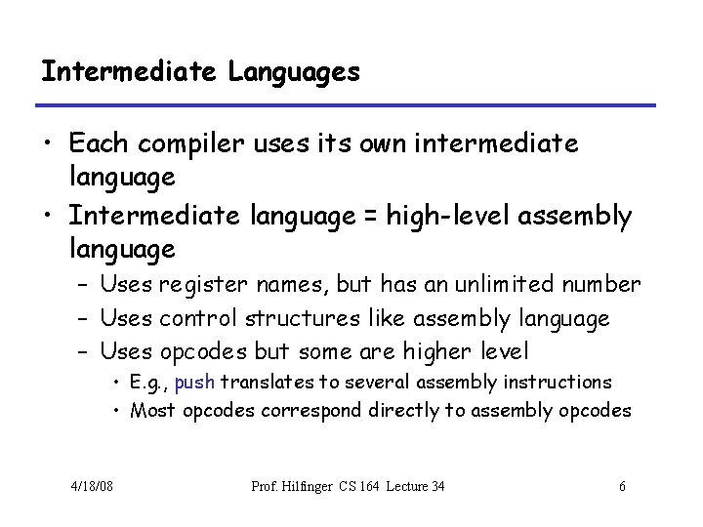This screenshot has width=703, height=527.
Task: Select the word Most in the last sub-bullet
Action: (x=150, y=411)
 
